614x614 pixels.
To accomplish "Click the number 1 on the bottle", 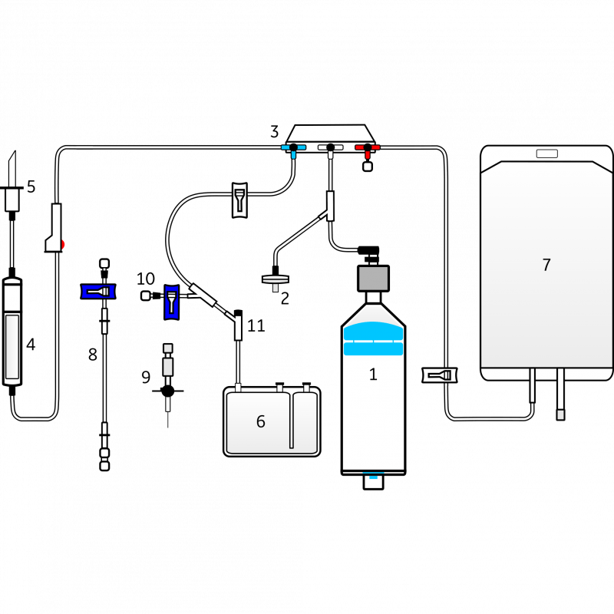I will click(373, 375).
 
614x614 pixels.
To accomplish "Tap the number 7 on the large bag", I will click(546, 265).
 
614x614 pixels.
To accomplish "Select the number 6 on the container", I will click(260, 421).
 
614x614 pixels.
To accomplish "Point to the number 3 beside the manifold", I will click(274, 132).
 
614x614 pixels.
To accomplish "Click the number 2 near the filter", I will click(285, 299).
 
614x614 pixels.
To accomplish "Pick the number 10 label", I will click(146, 279).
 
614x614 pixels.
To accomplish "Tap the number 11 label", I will click(256, 326).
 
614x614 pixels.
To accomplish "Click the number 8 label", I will click(92, 354).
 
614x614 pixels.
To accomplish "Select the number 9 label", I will click(146, 377).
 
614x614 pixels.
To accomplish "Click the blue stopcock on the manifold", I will click(293, 147).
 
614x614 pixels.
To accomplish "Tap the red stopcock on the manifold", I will click(368, 147).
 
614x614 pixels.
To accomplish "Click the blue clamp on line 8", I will click(98, 292).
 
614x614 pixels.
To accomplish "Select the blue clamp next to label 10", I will click(171, 301).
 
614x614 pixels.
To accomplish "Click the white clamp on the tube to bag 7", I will click(440, 375).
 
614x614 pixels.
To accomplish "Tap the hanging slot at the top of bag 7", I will click(547, 153).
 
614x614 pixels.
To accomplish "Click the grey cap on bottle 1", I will click(373, 277).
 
